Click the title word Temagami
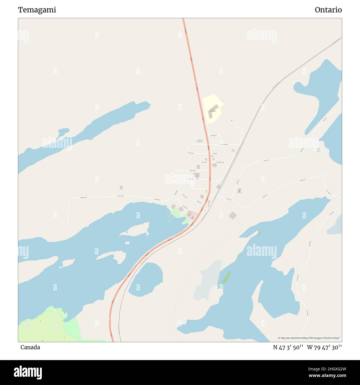37,10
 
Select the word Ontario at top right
328,10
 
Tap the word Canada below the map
30,347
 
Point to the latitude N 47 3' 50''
288,347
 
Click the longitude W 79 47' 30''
324,347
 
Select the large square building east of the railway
233,215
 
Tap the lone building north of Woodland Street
121,188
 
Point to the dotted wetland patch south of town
208,280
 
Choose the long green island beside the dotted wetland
226,278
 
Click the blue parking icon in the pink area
192,217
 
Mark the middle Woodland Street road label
120,196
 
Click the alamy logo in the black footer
28,372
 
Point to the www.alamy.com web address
327,376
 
